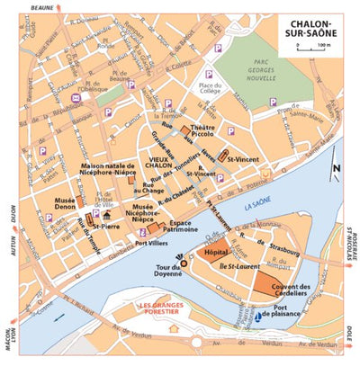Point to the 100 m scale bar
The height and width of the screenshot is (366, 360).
(x=310, y=45)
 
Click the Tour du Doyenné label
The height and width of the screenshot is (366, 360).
(x=169, y=274)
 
